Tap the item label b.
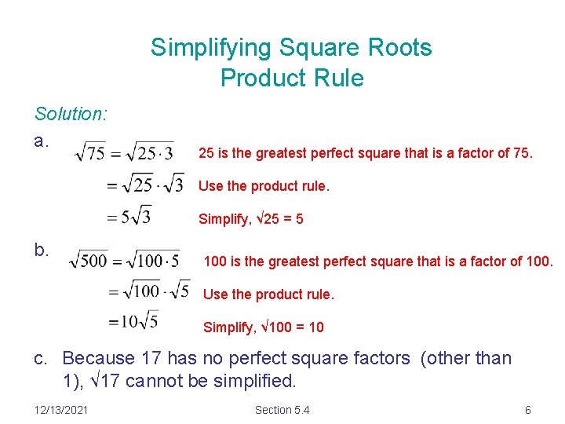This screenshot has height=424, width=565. [42, 250]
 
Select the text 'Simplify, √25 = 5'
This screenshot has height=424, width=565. [250, 219]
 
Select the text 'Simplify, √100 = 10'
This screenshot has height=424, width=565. [263, 327]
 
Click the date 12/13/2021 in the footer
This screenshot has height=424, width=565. [62, 410]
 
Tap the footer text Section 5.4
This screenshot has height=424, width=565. [282, 410]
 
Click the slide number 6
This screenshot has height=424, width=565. [528, 410]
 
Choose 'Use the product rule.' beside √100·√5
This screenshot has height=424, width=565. [268, 294]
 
